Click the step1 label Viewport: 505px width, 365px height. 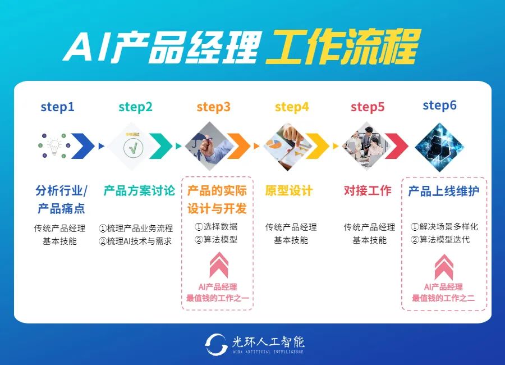57,107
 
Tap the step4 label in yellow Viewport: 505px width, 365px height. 292,107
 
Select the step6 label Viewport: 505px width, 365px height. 439,105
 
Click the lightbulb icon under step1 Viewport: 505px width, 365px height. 54,146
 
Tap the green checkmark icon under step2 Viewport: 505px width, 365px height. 134,147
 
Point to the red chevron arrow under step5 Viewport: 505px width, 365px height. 396,147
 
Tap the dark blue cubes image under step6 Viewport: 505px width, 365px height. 439,145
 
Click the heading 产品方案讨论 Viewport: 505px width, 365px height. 139,191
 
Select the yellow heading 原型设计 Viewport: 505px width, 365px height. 289,191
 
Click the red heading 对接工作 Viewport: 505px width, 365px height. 368,191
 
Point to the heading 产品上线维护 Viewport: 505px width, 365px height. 444,191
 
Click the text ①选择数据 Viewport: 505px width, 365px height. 216,226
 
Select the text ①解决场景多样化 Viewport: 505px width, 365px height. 444,226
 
